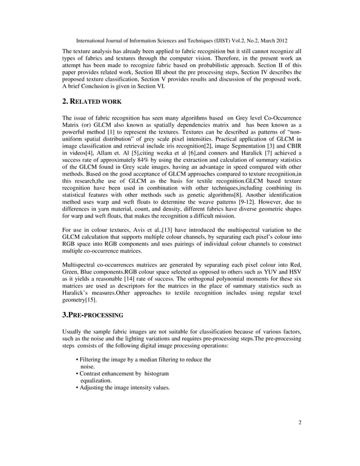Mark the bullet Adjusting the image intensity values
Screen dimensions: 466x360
coord(124,388)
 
